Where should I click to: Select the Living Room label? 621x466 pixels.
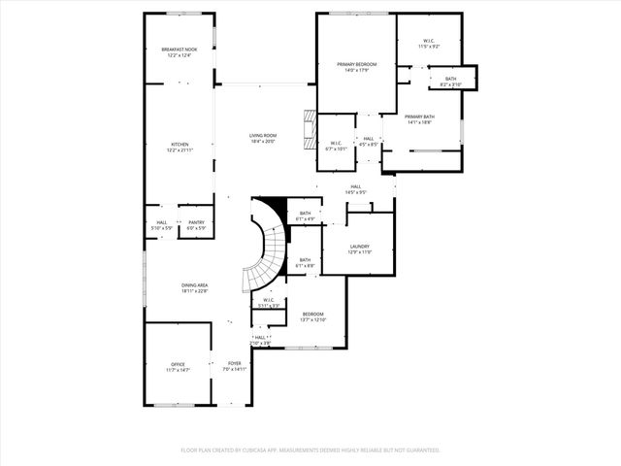[262, 137]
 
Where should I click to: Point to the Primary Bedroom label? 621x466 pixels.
[356, 65]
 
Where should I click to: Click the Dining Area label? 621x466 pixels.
[195, 286]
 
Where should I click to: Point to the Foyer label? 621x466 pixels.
[236, 365]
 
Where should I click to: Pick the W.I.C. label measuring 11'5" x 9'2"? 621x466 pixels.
[429, 43]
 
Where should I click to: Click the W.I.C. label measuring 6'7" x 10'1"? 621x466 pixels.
[335, 147]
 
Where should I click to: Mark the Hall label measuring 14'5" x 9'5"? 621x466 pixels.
[356, 188]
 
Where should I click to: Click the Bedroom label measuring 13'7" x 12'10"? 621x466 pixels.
[312, 316]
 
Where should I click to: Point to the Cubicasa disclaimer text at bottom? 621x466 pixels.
[310, 450]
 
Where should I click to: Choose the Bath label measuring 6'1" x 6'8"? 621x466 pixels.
[305, 261]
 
